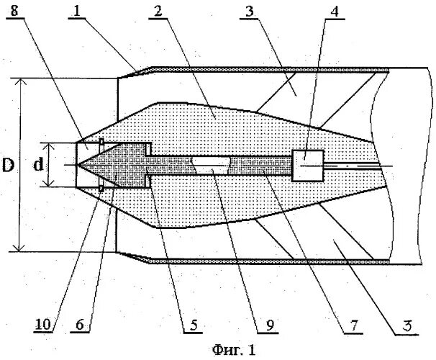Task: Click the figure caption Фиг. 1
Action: [233, 351]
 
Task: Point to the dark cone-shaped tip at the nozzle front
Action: [101, 164]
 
